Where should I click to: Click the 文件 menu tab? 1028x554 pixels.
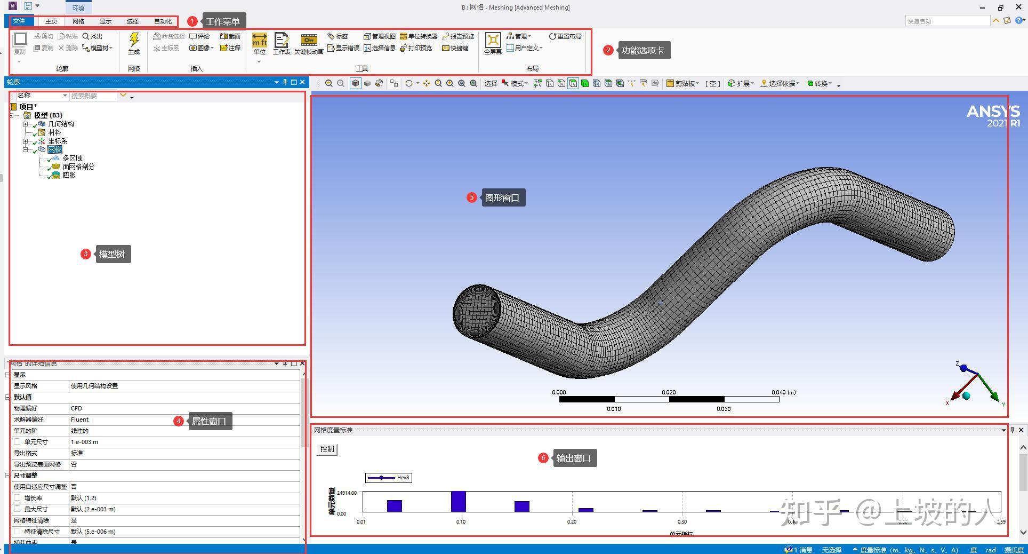(19, 21)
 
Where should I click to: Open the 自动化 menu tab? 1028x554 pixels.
(163, 21)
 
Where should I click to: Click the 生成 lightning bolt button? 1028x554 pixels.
(134, 43)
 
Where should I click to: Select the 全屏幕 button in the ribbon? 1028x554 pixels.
(493, 43)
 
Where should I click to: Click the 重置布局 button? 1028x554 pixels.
(565, 36)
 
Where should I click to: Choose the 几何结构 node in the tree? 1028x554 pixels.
(61, 124)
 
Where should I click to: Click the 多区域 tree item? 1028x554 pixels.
(72, 158)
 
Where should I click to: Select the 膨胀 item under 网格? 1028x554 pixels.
(69, 175)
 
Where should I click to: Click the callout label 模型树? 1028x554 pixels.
(111, 255)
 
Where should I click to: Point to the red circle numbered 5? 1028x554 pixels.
(471, 197)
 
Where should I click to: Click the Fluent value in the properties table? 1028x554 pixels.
(80, 420)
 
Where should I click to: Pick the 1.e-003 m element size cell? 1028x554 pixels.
(84, 442)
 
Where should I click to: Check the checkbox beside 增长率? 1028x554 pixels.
(18, 497)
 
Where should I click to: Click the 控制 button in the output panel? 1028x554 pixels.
(327, 449)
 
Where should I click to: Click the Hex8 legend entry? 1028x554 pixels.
(389, 478)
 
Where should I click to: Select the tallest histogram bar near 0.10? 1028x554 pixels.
(459, 502)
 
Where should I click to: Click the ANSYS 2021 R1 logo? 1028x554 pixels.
(993, 116)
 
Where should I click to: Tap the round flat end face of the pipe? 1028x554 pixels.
(477, 311)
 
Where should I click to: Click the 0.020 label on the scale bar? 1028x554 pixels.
(669, 392)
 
